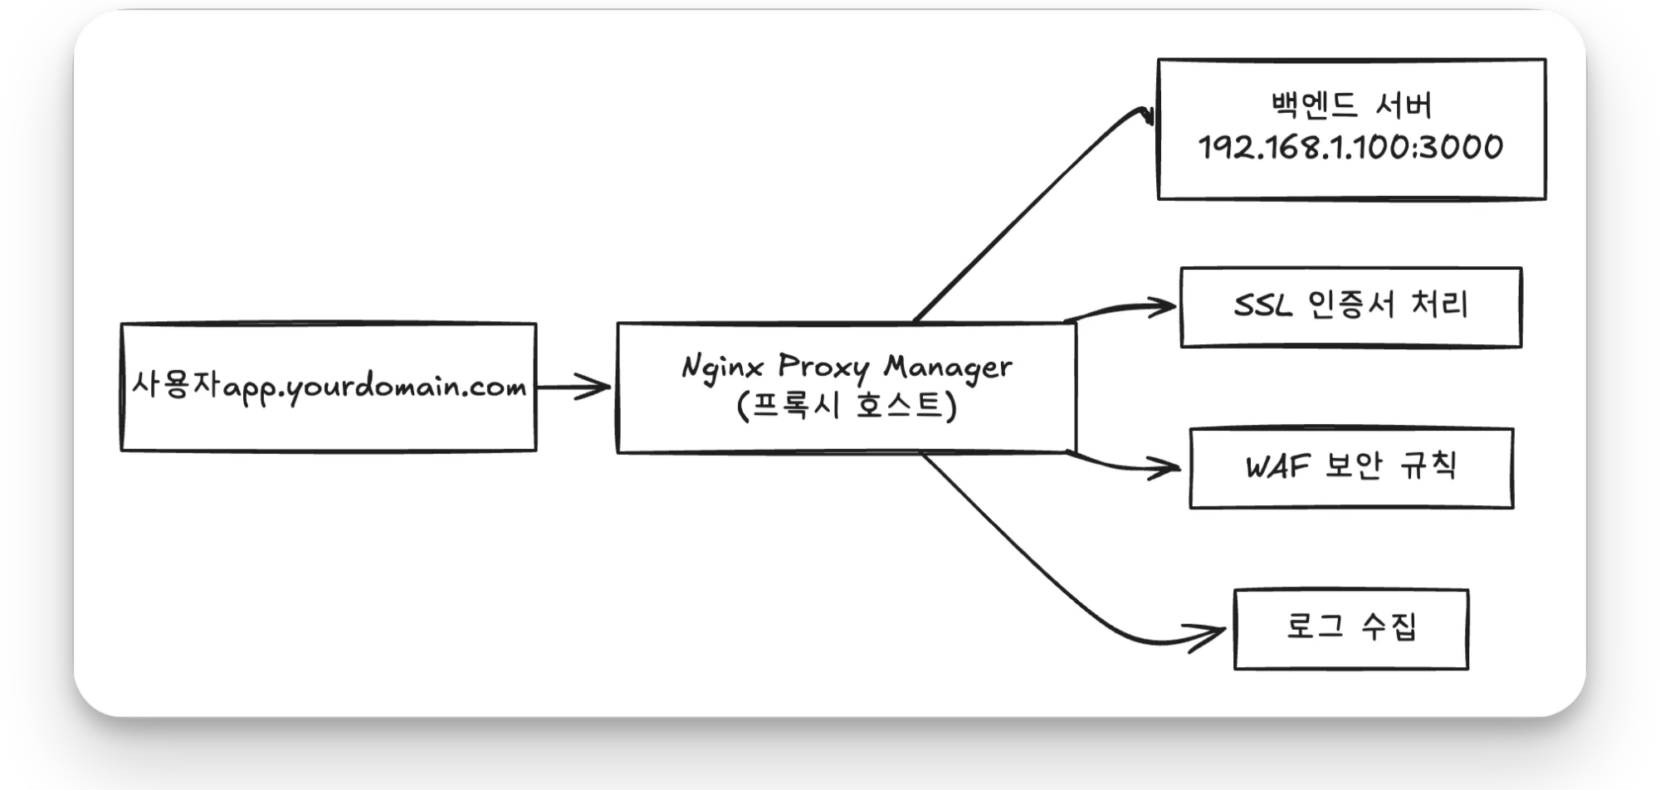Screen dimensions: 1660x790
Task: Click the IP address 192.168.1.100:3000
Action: click(x=1350, y=148)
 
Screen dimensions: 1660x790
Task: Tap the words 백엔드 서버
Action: click(x=1351, y=105)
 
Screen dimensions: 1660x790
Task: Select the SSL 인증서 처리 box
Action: click(x=1351, y=307)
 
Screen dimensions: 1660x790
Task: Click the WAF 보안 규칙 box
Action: click(x=1351, y=468)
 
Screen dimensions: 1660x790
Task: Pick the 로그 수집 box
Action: click(x=1351, y=629)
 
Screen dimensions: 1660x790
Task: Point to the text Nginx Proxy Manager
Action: click(x=847, y=368)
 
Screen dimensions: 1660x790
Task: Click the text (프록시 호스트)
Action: click(x=847, y=406)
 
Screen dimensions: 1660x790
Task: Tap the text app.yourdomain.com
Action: click(x=374, y=388)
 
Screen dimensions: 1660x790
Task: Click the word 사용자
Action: click(x=176, y=383)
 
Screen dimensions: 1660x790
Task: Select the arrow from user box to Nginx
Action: click(x=574, y=386)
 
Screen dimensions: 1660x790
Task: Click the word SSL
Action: click(x=1263, y=305)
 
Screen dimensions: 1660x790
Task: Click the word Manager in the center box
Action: click(x=948, y=368)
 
